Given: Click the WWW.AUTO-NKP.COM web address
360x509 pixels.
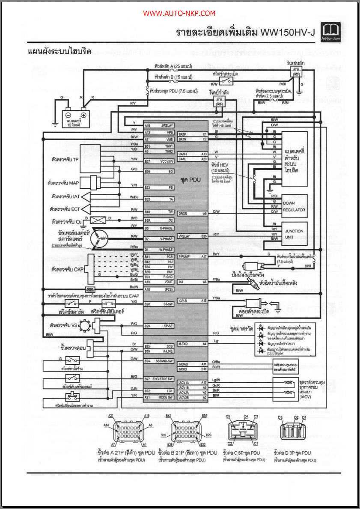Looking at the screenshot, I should click(x=179, y=14).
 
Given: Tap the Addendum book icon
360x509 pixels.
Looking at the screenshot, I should click(x=330, y=32).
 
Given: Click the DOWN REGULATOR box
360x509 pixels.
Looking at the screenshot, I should click(x=294, y=207).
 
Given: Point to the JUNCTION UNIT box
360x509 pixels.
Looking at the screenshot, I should click(x=294, y=234).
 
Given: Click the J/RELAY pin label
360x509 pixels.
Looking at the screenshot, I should click(x=167, y=125).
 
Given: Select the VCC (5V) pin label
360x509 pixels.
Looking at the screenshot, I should click(x=165, y=161).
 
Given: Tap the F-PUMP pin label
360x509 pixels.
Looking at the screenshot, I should click(x=184, y=256).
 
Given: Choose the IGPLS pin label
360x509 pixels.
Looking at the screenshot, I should click(x=184, y=301).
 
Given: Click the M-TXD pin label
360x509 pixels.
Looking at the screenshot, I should click(x=183, y=344).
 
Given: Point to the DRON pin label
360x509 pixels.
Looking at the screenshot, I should click(x=183, y=213).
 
